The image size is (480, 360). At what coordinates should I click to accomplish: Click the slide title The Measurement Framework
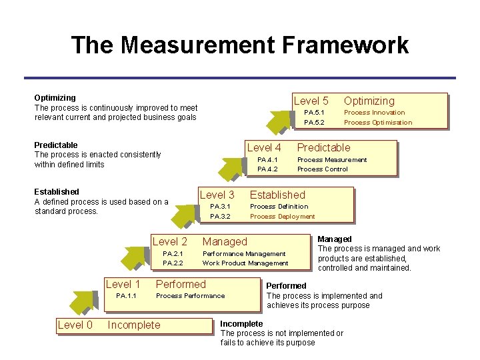coord(239,45)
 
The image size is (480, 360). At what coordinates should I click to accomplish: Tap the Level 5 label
coord(311,101)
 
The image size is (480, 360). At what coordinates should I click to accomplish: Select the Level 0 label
coord(75,325)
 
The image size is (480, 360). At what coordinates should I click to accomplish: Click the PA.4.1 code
coord(267,160)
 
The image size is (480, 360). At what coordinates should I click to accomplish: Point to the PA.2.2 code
coord(173,263)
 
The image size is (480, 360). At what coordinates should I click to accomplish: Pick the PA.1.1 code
coord(126,295)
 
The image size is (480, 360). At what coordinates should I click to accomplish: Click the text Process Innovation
coord(374,113)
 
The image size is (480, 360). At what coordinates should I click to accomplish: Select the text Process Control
coord(322,169)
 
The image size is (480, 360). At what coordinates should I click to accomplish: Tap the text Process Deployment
coord(282,217)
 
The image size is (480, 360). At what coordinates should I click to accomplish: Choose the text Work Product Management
coord(245,263)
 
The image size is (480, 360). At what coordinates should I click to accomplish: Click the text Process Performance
coord(190,295)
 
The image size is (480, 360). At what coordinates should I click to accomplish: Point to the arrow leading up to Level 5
coord(278,119)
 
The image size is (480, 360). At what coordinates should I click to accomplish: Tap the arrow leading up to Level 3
coord(185,212)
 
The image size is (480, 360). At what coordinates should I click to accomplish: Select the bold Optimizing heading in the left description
coord(55,97)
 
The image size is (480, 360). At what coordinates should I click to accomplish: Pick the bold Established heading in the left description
coord(57,191)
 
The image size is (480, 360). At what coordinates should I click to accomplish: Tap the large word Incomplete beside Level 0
coord(134,325)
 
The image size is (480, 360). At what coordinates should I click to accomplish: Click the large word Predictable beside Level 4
coord(323,147)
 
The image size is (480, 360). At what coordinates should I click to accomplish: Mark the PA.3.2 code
coord(220,217)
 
